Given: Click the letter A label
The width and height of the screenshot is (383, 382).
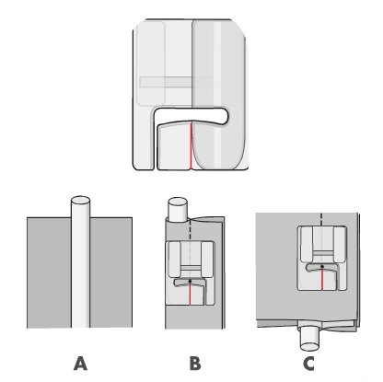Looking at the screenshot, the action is coord(80,364).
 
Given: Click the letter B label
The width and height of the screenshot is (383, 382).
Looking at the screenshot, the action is coord(195,364).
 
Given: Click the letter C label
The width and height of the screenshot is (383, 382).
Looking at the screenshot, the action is coord(308,364).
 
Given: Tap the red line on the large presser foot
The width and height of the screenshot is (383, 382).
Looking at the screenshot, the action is coord(191,145).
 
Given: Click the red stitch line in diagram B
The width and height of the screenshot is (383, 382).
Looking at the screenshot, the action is coord(191,294).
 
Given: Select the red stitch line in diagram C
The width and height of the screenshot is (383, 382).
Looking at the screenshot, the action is coord(322,279).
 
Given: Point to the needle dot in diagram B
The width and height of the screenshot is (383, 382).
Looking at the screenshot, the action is coord(191,281).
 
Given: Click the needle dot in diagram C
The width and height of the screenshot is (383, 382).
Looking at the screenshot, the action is coord(322,266).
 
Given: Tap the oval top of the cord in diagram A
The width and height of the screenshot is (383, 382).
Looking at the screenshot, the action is coord(80,201).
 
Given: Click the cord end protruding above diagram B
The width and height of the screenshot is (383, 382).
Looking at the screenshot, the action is coord(178,209).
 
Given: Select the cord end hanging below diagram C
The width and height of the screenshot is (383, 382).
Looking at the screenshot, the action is coord(309,339).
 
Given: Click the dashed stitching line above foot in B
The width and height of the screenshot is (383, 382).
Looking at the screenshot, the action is coord(191,232).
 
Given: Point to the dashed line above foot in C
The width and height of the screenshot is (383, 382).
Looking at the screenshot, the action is coord(321,219).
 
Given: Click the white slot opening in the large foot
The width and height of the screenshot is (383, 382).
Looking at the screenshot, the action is coord(191,114).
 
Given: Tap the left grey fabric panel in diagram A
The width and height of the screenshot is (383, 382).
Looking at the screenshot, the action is coord(49,272).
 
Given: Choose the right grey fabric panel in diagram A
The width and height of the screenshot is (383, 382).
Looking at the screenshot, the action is coord(111,272).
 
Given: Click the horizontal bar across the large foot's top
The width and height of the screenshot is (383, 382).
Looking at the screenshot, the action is coord(177,82).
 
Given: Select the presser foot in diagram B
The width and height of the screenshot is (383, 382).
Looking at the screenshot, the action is coord(190,273).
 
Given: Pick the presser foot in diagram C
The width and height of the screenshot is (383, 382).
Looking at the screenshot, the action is coord(322,258).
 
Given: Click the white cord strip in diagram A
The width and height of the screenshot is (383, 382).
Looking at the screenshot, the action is coord(80,267).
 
